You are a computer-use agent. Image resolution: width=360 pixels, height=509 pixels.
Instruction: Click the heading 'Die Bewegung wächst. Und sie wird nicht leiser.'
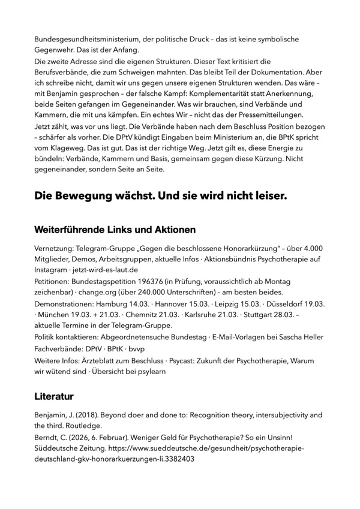[x=161, y=196]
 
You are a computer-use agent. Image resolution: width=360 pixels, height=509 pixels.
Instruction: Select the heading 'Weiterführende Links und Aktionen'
[x=115, y=229]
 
